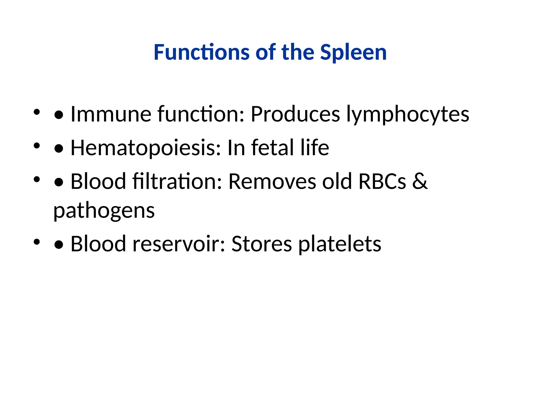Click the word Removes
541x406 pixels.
pos(272,181)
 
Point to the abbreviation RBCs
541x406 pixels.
pos(382,181)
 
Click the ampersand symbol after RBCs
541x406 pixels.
pos(419,181)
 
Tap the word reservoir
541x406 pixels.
pos(179,243)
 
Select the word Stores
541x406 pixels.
pos(262,243)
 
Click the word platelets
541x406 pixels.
pos(340,243)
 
